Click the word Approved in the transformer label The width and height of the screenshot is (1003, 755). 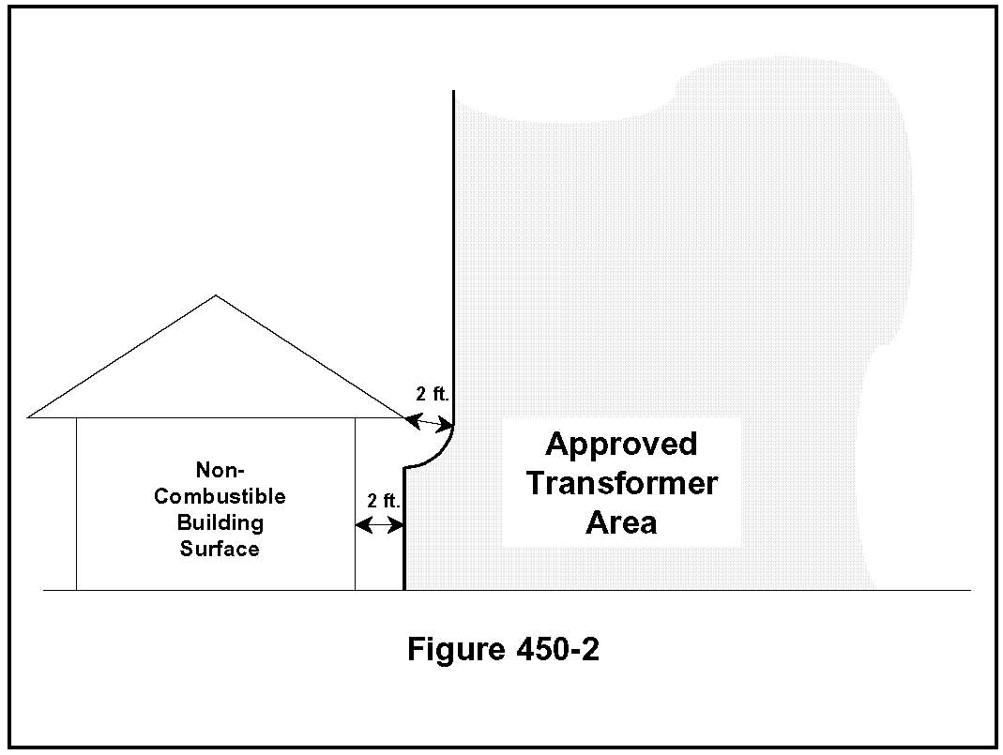[621, 444]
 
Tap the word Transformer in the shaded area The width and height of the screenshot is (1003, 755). [621, 483]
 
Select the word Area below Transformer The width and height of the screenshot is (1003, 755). [621, 522]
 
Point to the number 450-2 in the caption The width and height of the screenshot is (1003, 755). [555, 649]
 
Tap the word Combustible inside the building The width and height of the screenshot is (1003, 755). [220, 496]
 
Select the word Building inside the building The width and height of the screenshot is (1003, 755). [220, 522]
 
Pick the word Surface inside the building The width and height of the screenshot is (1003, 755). [220, 549]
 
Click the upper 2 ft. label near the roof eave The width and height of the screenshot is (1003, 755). [433, 394]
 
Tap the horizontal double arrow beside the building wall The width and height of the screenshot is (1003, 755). [379, 526]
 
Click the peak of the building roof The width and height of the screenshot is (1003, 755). [216, 296]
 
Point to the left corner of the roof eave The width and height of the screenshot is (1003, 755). [30, 416]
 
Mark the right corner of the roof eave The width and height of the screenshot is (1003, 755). [403, 416]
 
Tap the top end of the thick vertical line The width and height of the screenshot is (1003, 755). [454, 92]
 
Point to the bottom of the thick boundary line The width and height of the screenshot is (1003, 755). [404, 588]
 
